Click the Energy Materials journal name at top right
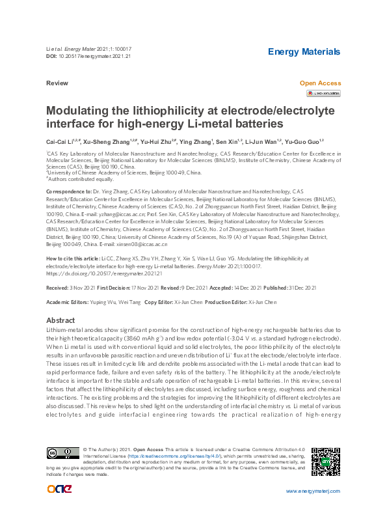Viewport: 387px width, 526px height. click(x=304, y=51)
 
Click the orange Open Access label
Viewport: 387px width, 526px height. click(x=320, y=83)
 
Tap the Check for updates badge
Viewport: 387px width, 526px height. click(x=323, y=94)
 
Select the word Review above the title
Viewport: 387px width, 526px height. click(x=57, y=84)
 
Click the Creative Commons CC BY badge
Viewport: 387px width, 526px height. click(x=62, y=453)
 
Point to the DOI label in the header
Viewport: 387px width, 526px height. click(x=51, y=56)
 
